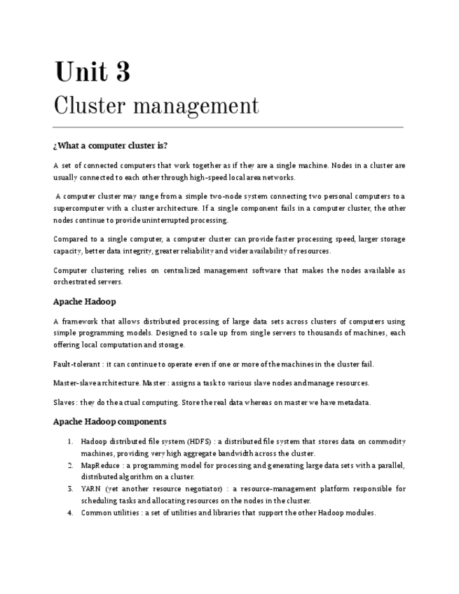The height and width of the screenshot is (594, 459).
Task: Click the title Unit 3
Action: click(92, 72)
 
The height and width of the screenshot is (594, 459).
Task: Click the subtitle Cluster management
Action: click(156, 106)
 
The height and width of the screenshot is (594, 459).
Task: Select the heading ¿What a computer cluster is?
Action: click(110, 146)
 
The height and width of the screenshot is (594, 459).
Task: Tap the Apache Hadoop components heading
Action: click(109, 422)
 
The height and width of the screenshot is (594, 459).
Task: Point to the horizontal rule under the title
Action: click(228, 127)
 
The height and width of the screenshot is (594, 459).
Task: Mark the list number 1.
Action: click(71, 441)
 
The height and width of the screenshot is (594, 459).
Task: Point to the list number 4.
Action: click(71, 513)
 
